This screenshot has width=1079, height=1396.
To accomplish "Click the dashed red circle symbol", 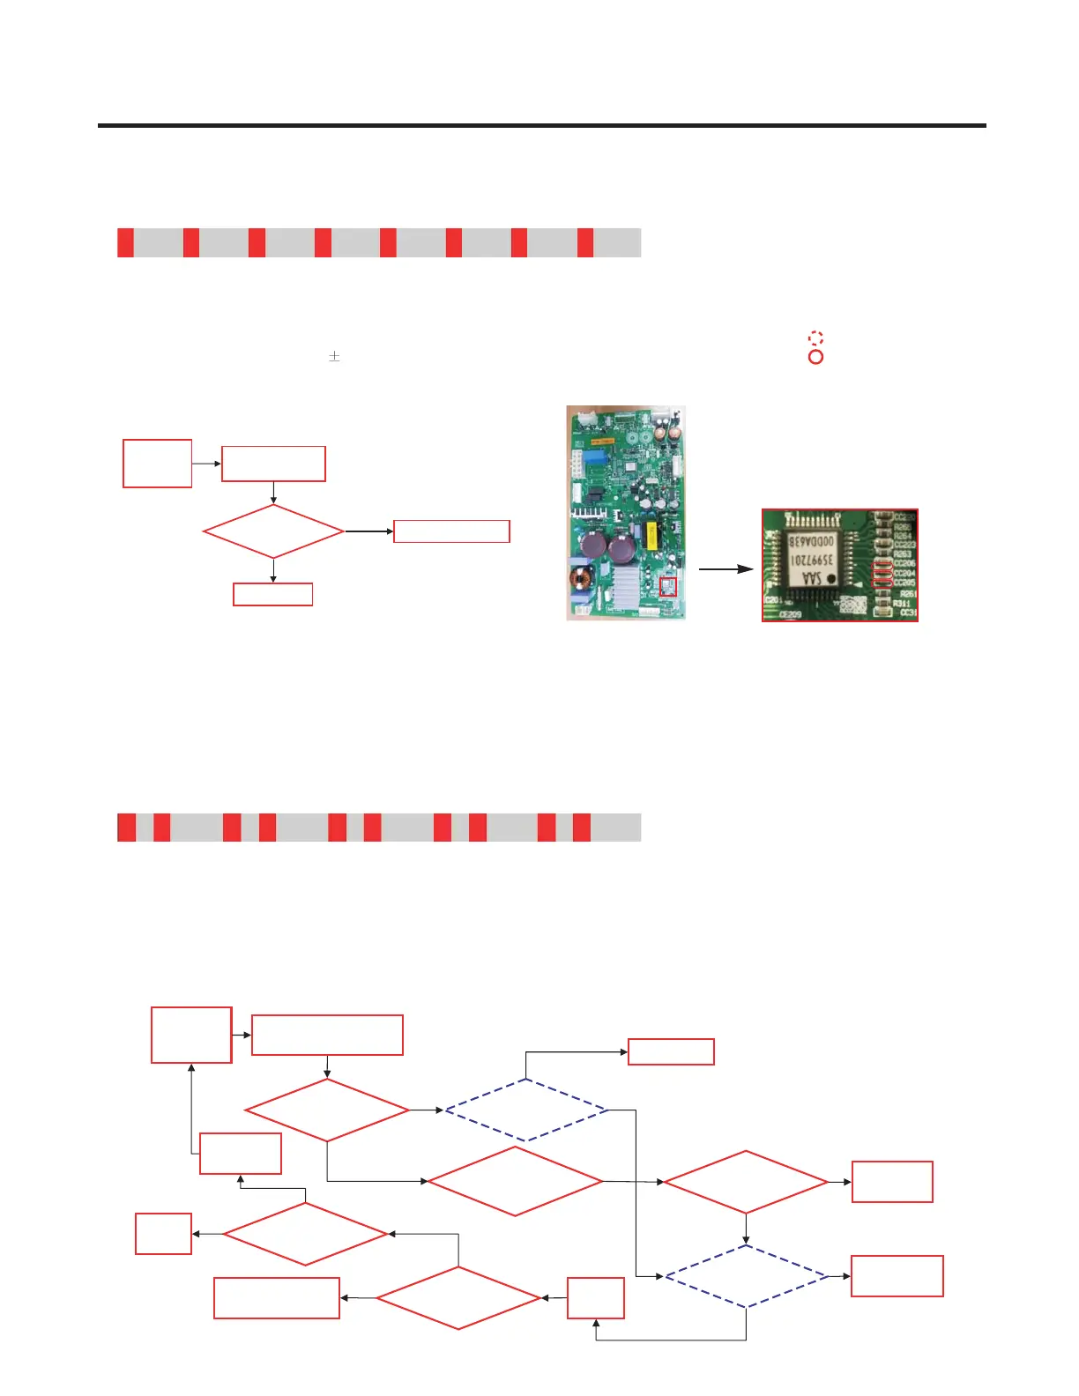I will point(815,338).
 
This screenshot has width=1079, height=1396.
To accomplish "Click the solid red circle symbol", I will point(815,357).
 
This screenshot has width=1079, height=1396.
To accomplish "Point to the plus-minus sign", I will point(334,357).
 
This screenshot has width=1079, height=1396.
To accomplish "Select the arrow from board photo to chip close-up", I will point(726,569).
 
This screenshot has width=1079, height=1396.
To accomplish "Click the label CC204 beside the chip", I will point(904,573).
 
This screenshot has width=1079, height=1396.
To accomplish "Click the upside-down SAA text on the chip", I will point(812,578).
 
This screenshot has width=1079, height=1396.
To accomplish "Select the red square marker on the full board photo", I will point(668,587).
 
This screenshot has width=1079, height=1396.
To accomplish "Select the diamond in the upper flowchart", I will point(273,531).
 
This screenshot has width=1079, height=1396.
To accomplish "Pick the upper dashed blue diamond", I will point(526,1110).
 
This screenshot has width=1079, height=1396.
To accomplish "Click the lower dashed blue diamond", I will point(747,1276).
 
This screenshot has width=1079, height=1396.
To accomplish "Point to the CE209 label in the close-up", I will point(790,614).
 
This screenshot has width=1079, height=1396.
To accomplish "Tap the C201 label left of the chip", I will point(772,601).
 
